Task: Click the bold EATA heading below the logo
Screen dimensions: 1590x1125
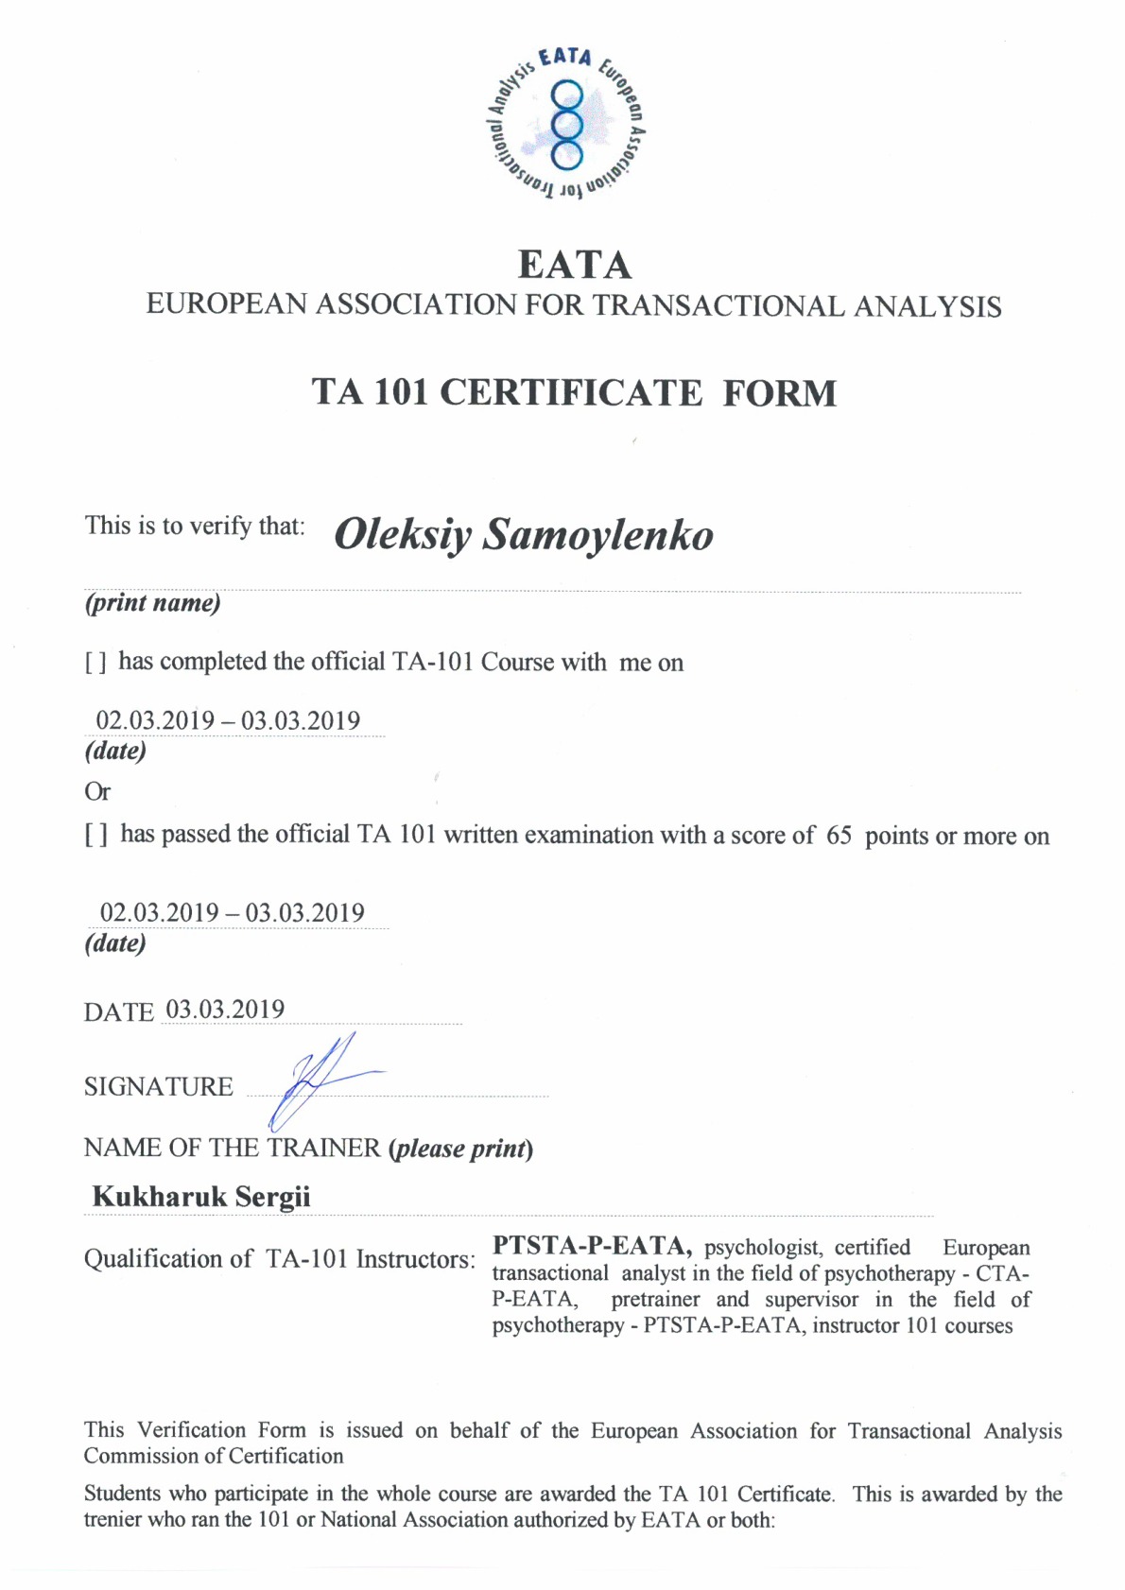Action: coord(575,265)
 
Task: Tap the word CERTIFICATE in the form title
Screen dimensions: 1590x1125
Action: coord(571,393)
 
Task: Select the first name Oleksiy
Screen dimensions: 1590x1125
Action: coord(403,535)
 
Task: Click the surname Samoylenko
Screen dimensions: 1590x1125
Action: coord(597,535)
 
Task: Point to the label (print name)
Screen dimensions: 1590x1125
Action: coord(152,603)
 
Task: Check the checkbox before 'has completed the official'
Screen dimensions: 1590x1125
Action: coord(95,664)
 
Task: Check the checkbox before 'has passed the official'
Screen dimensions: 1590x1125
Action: coord(95,836)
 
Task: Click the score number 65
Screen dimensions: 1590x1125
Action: coord(839,836)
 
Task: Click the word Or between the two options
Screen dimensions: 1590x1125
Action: coord(97,792)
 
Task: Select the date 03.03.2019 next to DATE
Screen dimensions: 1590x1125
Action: coord(225,1010)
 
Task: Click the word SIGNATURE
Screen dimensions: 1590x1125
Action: coord(158,1087)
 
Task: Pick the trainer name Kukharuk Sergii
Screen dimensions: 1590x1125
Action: coord(201,1197)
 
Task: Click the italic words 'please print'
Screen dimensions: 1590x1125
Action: coord(460,1149)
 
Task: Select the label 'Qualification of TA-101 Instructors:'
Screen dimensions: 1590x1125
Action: coord(279,1259)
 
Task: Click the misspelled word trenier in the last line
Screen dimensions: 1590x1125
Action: coord(117,1520)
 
